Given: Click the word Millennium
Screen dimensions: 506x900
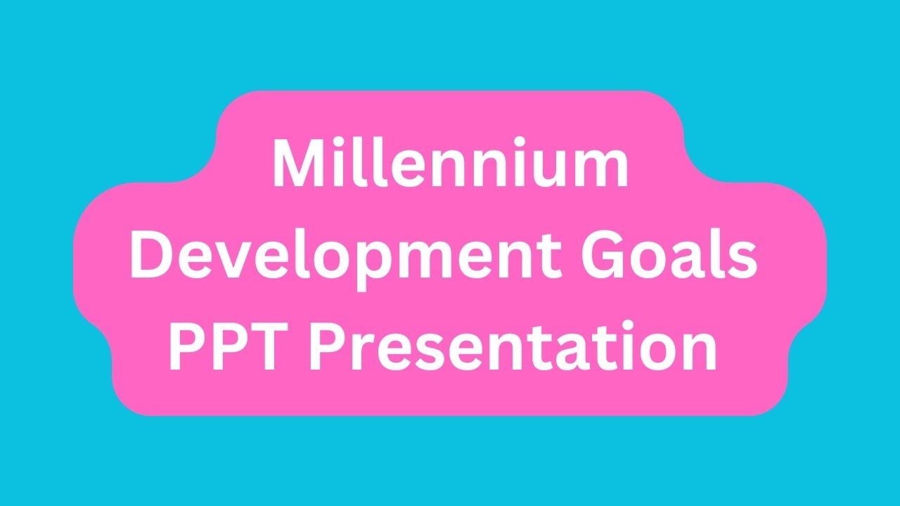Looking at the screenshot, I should click(x=450, y=165).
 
